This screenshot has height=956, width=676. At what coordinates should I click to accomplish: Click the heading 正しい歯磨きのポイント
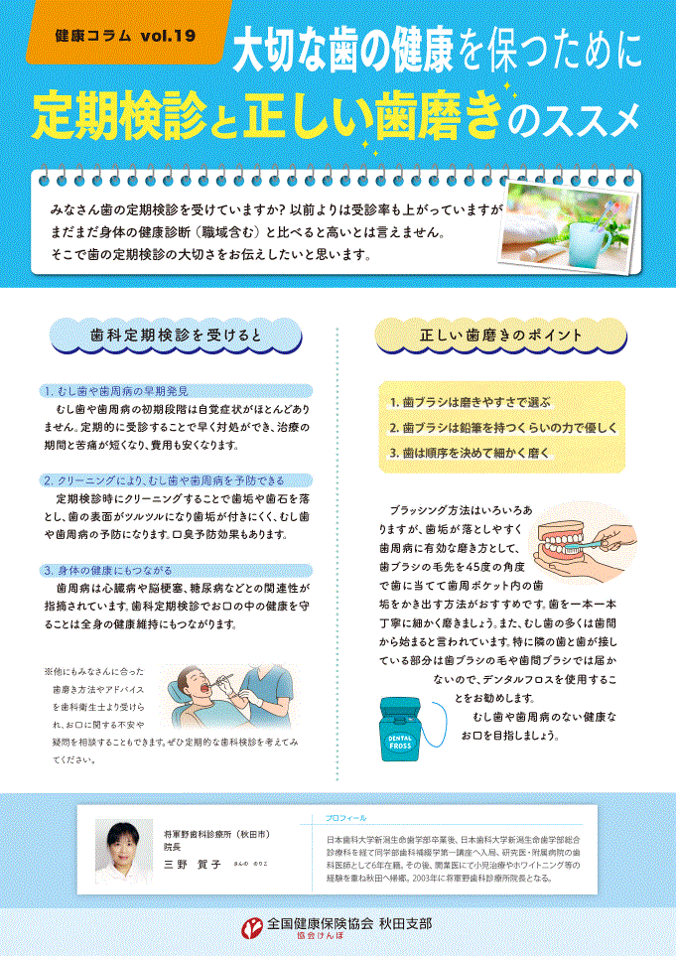point(500,337)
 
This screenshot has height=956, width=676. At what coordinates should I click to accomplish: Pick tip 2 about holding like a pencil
point(503,427)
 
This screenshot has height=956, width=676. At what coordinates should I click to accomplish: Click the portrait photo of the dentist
point(124,852)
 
